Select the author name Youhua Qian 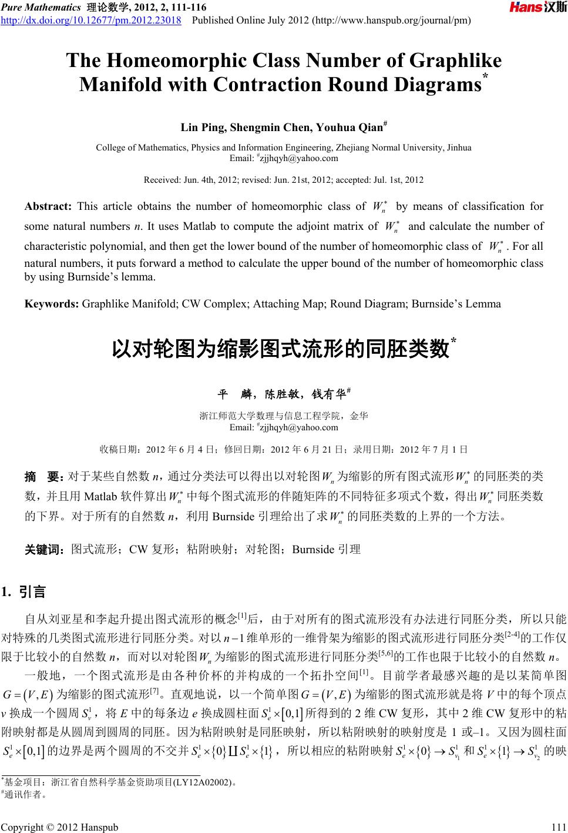click(349, 128)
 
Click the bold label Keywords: click(52, 304)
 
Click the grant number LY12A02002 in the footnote click(206, 782)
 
